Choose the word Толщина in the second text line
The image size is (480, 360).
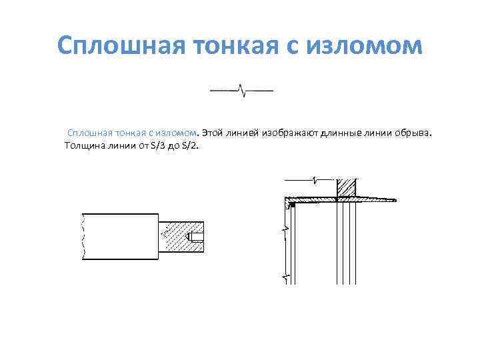(82, 146)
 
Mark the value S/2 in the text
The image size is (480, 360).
(190, 146)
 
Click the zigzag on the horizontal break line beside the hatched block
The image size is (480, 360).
(314, 179)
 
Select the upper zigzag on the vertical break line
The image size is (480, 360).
(285, 229)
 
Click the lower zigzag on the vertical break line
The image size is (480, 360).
(285, 275)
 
